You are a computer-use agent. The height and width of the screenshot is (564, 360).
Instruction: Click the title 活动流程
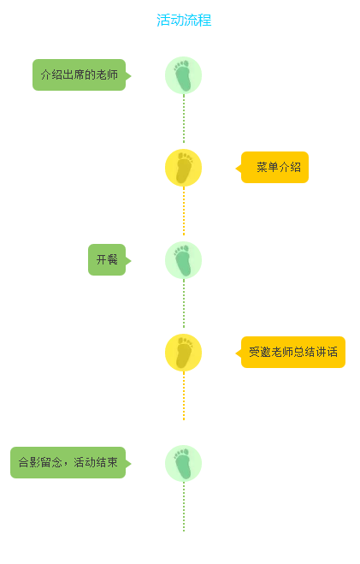pyautogui.click(x=184, y=21)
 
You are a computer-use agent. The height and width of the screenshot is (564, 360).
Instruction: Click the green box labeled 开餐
pyautogui.click(x=107, y=259)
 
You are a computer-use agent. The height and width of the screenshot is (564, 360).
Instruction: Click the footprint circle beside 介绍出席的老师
pyautogui.click(x=183, y=75)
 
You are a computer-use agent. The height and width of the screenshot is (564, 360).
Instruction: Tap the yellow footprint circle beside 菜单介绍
pyautogui.click(x=183, y=168)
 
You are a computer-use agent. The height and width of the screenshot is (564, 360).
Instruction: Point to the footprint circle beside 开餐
pyautogui.click(x=183, y=260)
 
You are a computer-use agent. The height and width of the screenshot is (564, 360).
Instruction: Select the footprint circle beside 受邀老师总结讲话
pyautogui.click(x=183, y=353)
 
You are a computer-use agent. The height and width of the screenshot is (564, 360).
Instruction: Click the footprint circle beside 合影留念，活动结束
pyautogui.click(x=183, y=463)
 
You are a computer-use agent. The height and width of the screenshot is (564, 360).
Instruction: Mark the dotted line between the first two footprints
pyautogui.click(x=184, y=119)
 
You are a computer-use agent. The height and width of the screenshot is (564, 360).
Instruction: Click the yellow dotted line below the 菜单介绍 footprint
pyautogui.click(x=184, y=211)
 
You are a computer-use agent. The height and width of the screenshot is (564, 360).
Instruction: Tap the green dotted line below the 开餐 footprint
pyautogui.click(x=184, y=304)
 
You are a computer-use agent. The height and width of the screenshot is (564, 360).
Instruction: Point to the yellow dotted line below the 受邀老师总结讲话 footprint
pyautogui.click(x=184, y=396)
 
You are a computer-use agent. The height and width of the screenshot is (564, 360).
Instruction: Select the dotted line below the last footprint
pyautogui.click(x=184, y=507)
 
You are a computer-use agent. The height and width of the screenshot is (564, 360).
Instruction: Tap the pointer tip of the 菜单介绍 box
pyautogui.click(x=236, y=169)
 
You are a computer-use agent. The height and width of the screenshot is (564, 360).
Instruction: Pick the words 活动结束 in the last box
pyautogui.click(x=96, y=462)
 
